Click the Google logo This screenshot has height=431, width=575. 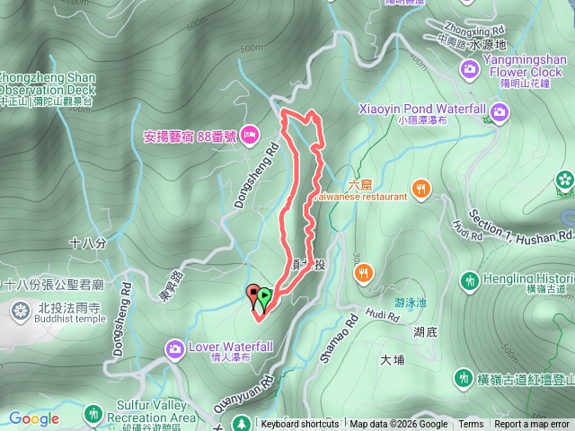click(x=34, y=418)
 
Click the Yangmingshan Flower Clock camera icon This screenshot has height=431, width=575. click(x=470, y=69)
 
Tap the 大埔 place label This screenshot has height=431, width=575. click(x=394, y=360)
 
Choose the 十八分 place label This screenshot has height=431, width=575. click(x=87, y=242)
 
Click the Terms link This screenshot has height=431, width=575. click(x=471, y=425)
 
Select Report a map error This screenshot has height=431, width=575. click(x=533, y=425)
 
